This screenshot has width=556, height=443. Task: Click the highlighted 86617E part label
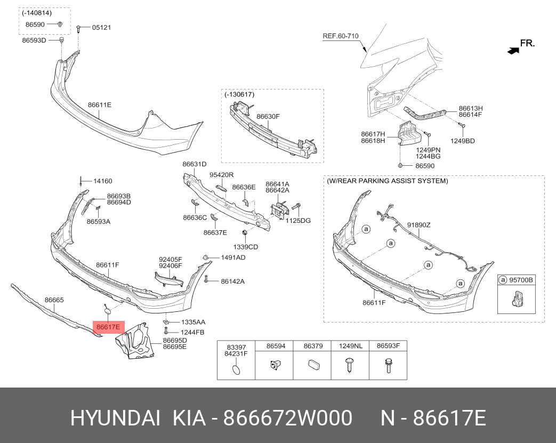(108, 327)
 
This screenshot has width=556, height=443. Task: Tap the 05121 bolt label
(101, 28)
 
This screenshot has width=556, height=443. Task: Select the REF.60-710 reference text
(341, 36)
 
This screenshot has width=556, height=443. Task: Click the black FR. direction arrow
(513, 51)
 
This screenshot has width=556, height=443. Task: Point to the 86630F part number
(268, 116)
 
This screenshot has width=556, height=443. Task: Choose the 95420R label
(221, 175)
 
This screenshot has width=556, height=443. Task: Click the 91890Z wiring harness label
(418, 225)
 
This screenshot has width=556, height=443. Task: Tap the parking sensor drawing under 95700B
(518, 298)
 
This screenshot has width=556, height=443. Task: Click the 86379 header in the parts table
(313, 346)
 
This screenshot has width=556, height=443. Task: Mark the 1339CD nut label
(245, 247)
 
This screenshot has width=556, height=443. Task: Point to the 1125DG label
(298, 221)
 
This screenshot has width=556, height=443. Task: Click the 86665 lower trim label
(54, 300)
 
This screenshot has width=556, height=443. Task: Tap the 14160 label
(103, 181)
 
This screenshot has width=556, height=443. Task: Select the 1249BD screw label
(462, 141)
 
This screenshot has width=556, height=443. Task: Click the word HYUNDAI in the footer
(115, 418)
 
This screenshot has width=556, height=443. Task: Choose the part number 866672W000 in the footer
(287, 418)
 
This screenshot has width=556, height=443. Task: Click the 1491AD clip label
(233, 257)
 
